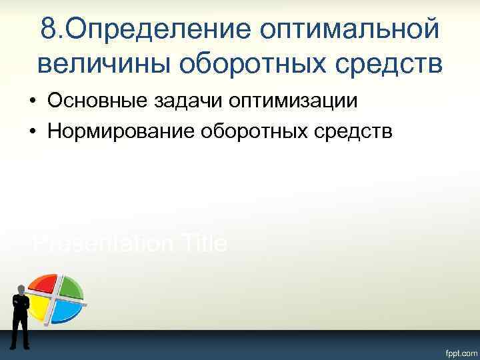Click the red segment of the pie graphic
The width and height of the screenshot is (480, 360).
[43, 286]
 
